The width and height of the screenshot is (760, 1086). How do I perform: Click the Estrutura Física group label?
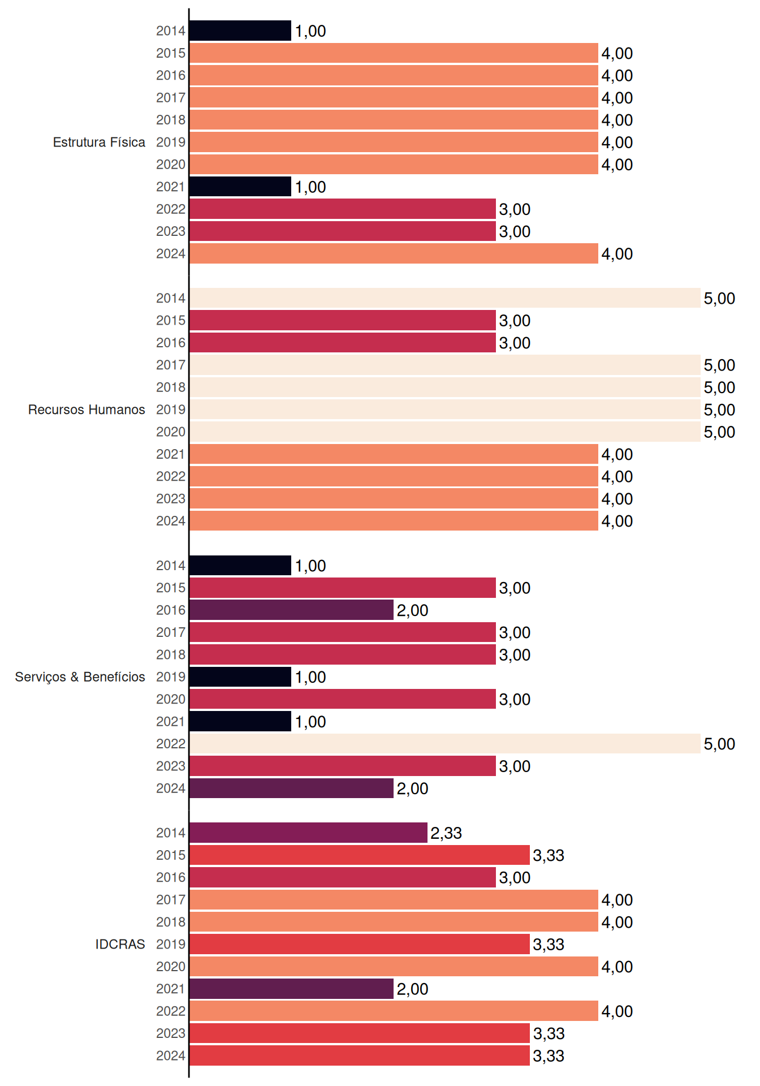click(99, 142)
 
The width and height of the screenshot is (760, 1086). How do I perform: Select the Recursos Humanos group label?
click(87, 410)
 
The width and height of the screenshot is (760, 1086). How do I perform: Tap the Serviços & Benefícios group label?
click(80, 677)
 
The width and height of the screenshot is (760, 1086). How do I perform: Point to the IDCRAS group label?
click(120, 944)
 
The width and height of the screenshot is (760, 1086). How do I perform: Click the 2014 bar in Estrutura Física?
click(240, 31)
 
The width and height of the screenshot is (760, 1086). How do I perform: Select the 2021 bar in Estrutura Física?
click(240, 187)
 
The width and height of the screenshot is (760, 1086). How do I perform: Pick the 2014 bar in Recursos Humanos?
click(445, 298)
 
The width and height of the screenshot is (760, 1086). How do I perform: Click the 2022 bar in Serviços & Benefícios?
click(445, 744)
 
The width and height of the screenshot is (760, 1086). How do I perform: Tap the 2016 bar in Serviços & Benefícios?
click(292, 610)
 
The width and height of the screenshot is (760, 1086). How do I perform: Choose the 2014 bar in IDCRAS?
click(309, 833)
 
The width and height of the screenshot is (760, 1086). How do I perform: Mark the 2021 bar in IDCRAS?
click(292, 989)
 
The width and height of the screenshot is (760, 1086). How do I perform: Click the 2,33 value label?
click(446, 833)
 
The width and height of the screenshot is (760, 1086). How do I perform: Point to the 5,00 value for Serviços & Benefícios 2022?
click(719, 744)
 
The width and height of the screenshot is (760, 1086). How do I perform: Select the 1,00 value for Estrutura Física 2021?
click(310, 187)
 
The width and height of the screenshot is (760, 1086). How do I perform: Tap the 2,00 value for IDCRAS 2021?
click(412, 989)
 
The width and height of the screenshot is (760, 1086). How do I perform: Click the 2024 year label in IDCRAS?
click(171, 1056)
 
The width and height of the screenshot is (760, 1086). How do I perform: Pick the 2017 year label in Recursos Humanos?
click(171, 365)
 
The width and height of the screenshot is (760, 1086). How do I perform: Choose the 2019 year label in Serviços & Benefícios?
click(171, 677)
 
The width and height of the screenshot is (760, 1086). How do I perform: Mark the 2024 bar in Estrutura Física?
click(394, 253)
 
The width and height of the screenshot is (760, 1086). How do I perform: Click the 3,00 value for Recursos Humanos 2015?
click(515, 321)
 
